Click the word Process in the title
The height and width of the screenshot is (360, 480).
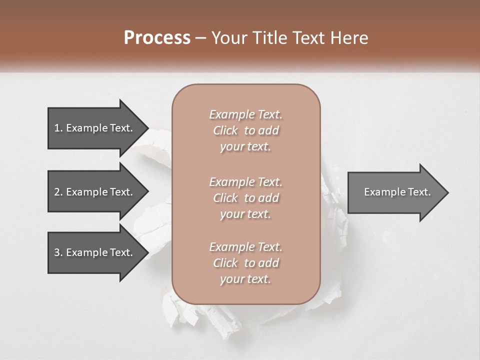pos(157,38)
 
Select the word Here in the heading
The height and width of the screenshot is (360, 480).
pos(349,38)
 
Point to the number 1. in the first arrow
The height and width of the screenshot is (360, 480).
pos(58,128)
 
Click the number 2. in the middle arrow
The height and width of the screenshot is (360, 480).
pos(58,192)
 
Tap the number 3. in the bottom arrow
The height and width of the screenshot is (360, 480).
pos(58,252)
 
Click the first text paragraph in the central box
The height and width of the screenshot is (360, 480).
pos(245,130)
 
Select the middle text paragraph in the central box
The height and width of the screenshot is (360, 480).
pos(245,198)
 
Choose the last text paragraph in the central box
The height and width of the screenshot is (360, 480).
pos(245,263)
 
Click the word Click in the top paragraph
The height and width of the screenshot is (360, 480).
pos(225,130)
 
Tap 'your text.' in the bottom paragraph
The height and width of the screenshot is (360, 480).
pos(245,279)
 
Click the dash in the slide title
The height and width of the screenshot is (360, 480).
pos(201,38)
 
